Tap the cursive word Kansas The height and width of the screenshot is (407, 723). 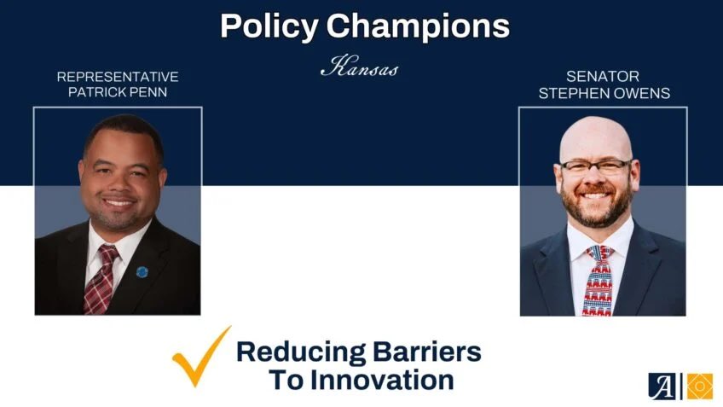359,68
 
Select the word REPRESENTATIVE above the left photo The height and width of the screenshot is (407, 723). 118,77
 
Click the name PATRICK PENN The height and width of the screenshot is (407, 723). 118,92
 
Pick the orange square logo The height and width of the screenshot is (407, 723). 700,386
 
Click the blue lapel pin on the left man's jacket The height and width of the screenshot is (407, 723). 142,272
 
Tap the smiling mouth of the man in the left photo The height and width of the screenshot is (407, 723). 118,203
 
